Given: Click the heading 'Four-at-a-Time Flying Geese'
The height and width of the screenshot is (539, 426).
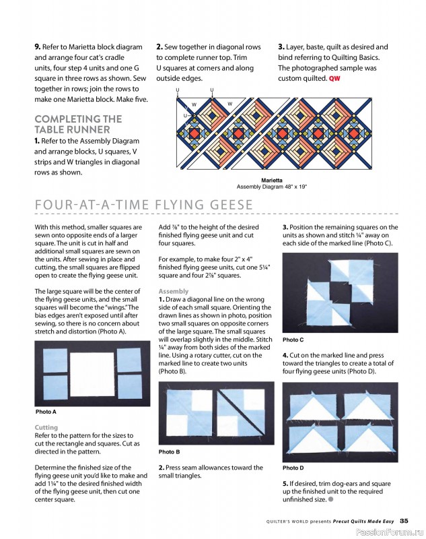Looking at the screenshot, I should click(143, 205).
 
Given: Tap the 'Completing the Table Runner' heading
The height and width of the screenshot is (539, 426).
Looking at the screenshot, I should click(78, 124).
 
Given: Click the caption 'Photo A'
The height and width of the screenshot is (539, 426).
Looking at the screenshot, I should click(46, 412).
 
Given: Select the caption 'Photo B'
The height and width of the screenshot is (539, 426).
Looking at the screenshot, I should click(169, 452).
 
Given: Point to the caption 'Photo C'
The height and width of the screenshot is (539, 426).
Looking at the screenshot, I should click(293, 340).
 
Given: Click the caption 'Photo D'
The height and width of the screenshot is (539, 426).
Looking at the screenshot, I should click(293, 468).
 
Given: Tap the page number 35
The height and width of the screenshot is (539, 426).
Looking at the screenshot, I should click(403, 520).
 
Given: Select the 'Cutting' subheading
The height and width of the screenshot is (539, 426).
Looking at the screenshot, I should click(46, 428).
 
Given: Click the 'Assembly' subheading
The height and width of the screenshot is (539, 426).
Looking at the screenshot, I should click(173, 291).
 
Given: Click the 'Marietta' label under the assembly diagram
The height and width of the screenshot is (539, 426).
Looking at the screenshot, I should click(271, 180).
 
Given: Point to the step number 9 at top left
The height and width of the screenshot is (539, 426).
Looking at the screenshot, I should click(37, 47).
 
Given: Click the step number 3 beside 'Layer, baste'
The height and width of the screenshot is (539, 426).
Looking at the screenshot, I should click(281, 47).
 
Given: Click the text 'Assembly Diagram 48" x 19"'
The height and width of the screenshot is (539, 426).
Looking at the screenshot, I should click(271, 187).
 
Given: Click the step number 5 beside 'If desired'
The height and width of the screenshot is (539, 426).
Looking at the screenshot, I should click(285, 484).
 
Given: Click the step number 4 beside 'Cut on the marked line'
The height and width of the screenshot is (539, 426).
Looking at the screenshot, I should click(285, 355).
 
